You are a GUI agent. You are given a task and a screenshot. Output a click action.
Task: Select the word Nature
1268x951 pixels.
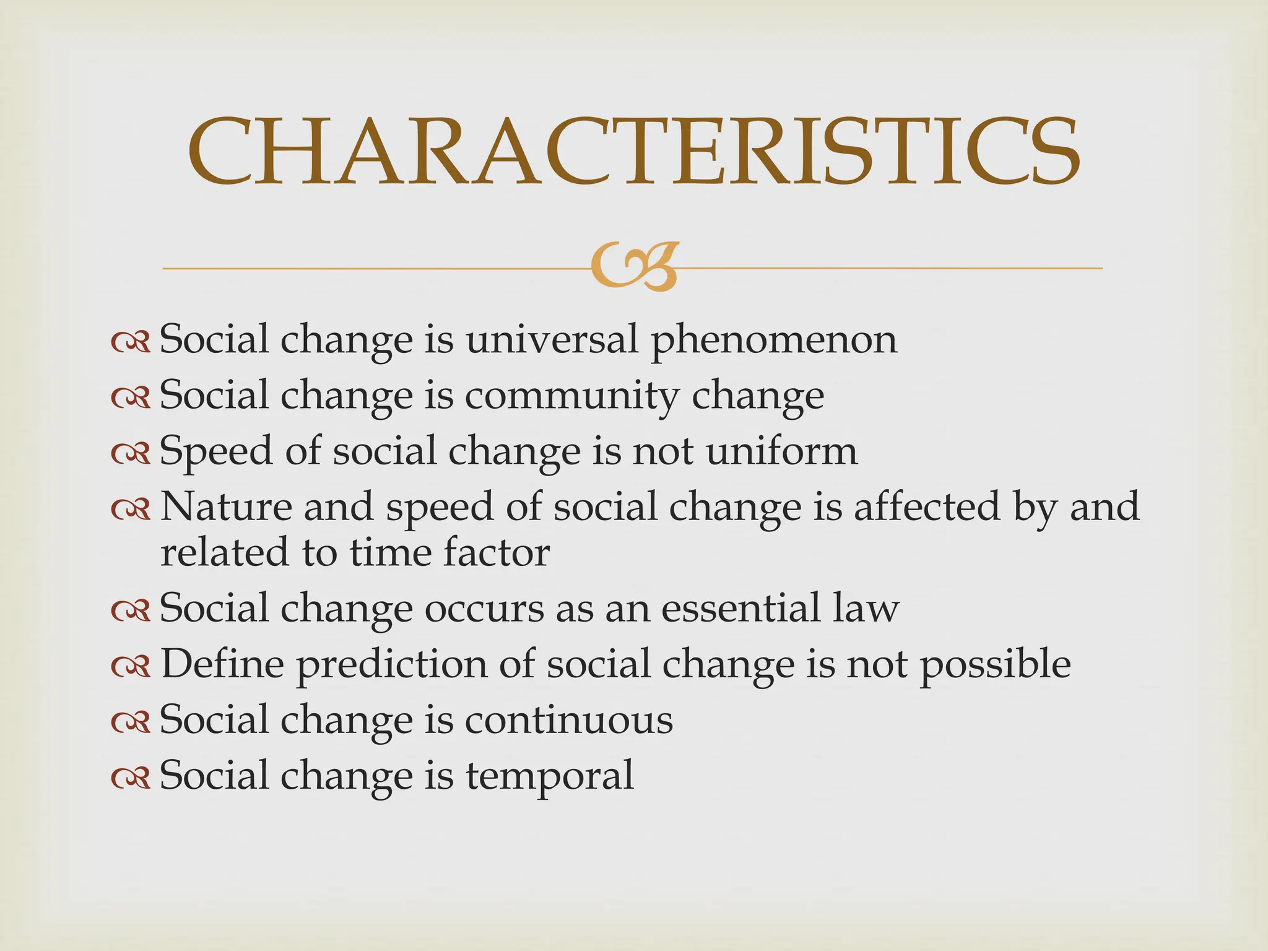(226, 506)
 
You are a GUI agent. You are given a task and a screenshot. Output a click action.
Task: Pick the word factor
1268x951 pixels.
(495, 552)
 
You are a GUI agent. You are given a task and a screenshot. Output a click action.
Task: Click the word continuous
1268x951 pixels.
(569, 720)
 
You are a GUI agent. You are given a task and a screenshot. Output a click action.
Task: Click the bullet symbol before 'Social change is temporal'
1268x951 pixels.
(131, 778)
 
